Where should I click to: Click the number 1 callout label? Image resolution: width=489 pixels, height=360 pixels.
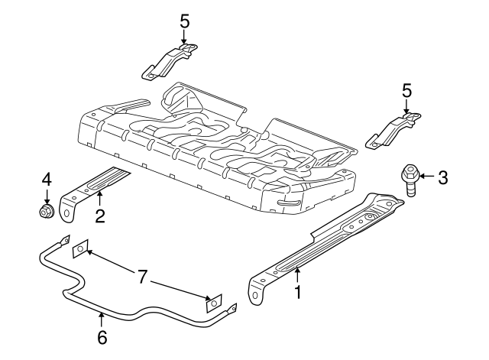click(x=298, y=290)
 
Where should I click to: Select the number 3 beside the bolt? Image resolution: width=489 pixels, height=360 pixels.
click(x=442, y=178)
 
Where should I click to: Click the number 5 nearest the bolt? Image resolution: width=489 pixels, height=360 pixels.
click(x=406, y=91)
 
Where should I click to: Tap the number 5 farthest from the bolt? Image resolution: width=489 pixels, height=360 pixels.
click(x=184, y=20)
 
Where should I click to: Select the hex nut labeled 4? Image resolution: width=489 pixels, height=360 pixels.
click(x=46, y=209)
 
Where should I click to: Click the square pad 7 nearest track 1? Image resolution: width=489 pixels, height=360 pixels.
click(x=212, y=303)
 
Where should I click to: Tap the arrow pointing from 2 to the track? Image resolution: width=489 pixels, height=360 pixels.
click(x=99, y=203)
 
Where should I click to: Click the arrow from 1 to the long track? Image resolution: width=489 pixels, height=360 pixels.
click(x=298, y=274)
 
